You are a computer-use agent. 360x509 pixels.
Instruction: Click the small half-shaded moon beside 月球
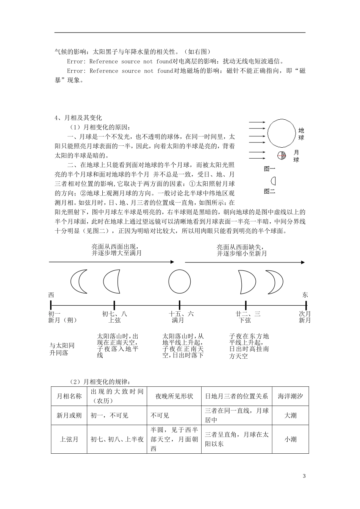(281, 155)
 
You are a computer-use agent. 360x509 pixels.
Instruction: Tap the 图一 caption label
(269, 169)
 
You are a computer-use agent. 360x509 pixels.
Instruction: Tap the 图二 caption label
(269, 191)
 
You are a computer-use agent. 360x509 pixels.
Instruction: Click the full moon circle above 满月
(180, 281)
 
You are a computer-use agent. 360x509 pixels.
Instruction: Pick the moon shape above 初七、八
(111, 281)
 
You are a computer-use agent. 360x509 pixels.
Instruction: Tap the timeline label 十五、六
(181, 314)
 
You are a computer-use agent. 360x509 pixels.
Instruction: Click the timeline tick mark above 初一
(51, 304)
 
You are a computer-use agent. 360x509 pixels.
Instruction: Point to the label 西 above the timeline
(51, 295)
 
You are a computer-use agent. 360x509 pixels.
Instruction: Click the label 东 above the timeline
(305, 295)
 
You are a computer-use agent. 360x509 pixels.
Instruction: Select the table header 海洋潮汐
(290, 396)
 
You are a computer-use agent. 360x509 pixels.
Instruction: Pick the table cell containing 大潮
(290, 415)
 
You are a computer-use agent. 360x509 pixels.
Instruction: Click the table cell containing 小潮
(290, 439)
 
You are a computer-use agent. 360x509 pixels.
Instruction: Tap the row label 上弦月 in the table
(69, 439)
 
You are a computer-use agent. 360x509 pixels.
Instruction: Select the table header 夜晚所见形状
(174, 396)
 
